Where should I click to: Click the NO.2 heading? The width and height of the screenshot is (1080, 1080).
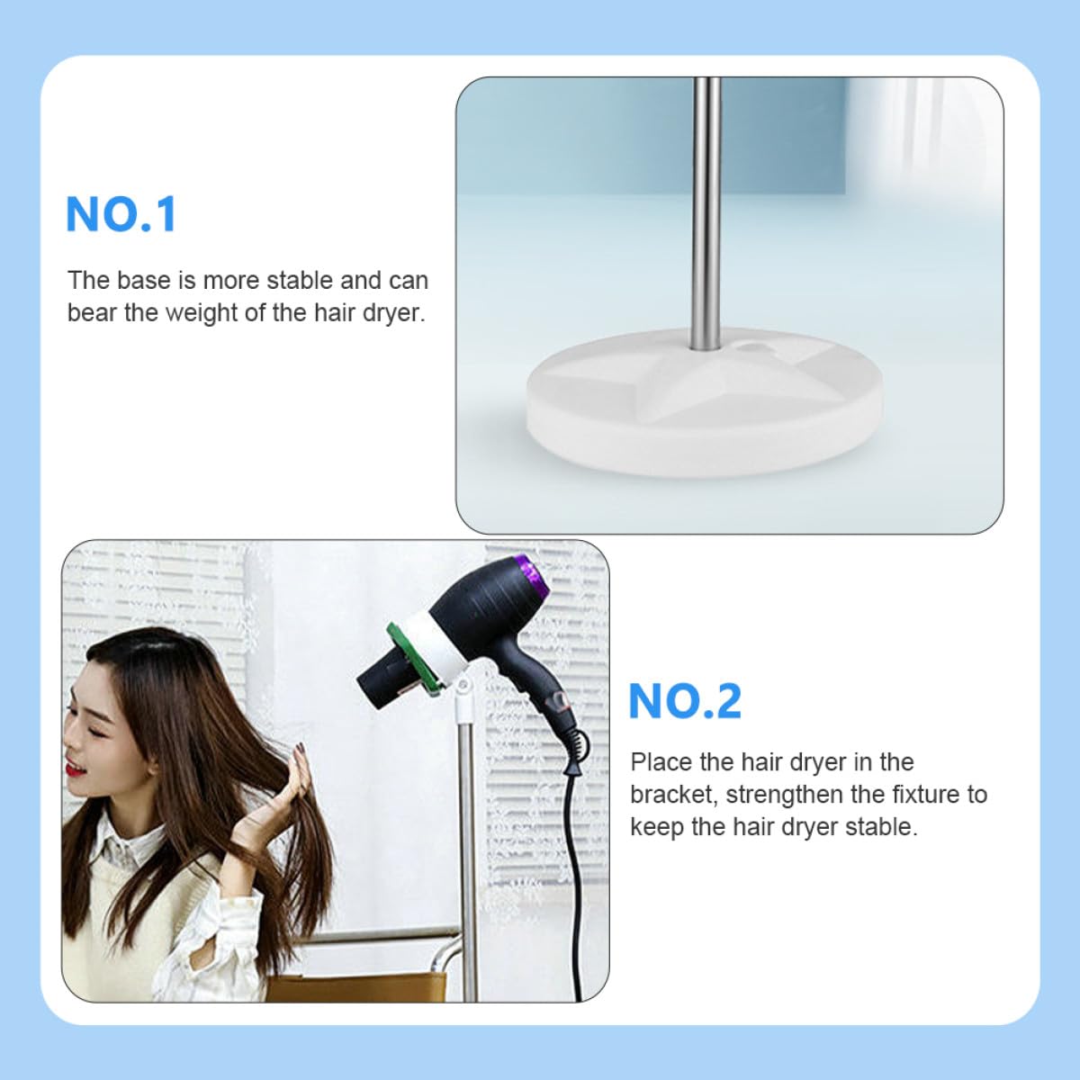coord(685,700)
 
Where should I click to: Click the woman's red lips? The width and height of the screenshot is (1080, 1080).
coord(74,769)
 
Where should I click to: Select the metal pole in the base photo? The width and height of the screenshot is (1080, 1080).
coord(706,213)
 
